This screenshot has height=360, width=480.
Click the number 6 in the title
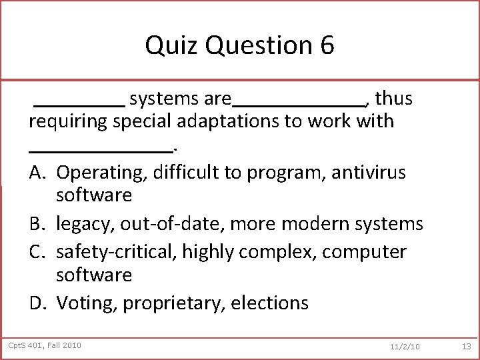coord(326,46)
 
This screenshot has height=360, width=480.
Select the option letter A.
coord(37,172)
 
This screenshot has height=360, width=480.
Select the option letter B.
coord(37,223)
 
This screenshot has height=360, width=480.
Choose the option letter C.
coord(37,251)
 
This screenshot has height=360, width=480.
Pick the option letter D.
coord(38,303)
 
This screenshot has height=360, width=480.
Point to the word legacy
coord(84,223)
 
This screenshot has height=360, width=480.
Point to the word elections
coord(270,303)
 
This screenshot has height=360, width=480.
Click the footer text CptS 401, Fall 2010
coord(45,345)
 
